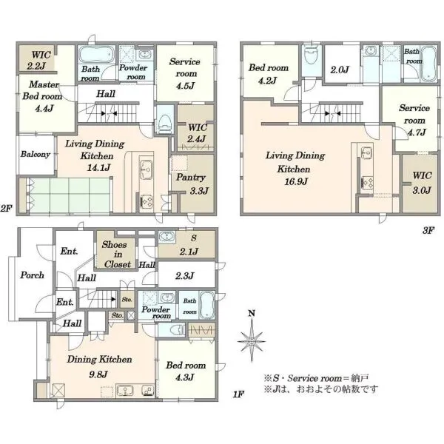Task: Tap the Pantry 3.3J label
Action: [192, 184]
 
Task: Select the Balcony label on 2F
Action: [35, 155]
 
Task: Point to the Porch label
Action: [32, 275]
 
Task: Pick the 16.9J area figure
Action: [296, 181]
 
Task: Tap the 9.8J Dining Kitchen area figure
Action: [98, 374]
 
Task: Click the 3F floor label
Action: [428, 230]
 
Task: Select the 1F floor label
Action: [238, 394]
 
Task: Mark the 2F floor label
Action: [6, 209]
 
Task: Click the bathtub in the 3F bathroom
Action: [428, 64]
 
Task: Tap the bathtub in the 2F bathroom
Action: [96, 55]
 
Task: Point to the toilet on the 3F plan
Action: [312, 57]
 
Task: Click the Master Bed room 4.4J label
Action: [42, 96]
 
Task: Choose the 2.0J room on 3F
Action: [342, 64]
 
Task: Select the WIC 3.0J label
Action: [422, 183]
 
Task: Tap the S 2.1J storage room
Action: [187, 244]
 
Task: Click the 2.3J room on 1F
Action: [186, 275]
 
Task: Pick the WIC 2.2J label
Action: [40, 60]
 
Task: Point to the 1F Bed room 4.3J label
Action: [186, 371]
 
